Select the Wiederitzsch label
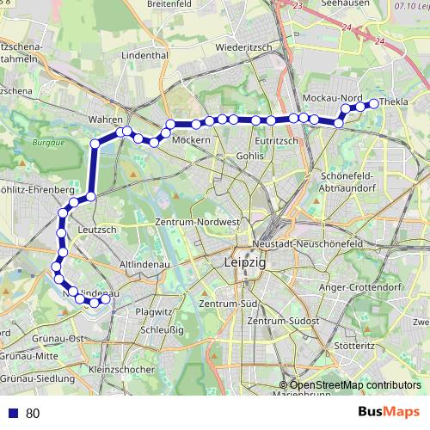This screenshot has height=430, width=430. click(x=245, y=46)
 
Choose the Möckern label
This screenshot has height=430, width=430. click(x=191, y=139)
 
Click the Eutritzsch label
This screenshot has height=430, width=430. click(x=276, y=139)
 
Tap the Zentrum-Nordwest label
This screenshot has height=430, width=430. click(x=196, y=221)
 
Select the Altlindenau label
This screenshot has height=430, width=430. click(x=144, y=264)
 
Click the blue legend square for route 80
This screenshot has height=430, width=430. click(x=12, y=413)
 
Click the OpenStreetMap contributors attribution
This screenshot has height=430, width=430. click(x=355, y=385)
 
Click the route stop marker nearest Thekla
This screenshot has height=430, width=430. click(x=373, y=104)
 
